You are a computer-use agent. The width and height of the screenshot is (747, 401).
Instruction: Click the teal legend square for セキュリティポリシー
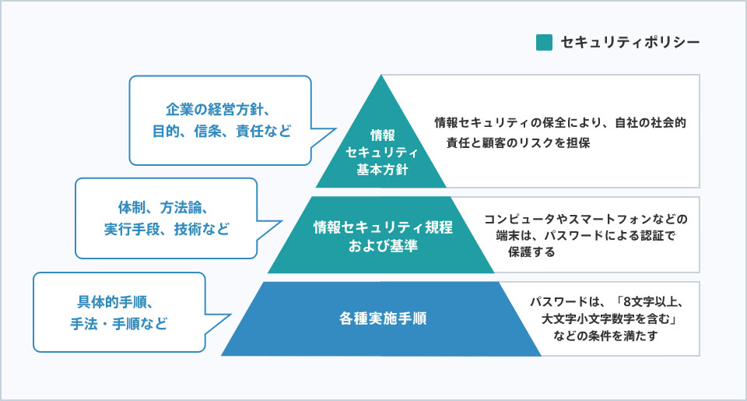pyautogui.click(x=544, y=41)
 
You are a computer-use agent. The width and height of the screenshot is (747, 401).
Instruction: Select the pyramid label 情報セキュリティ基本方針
pyautogui.click(x=381, y=152)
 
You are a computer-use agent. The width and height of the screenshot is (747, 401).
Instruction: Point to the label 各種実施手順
pyautogui.click(x=382, y=318)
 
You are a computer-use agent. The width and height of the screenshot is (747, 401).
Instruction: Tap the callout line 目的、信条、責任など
pyautogui.click(x=221, y=131)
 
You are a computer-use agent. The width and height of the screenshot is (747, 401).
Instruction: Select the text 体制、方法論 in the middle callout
pyautogui.click(x=156, y=208)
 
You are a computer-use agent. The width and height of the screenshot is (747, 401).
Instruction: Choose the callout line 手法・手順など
pyautogui.click(x=119, y=323)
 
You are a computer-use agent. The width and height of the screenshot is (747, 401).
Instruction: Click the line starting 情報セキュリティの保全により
pyautogui.click(x=560, y=123)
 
